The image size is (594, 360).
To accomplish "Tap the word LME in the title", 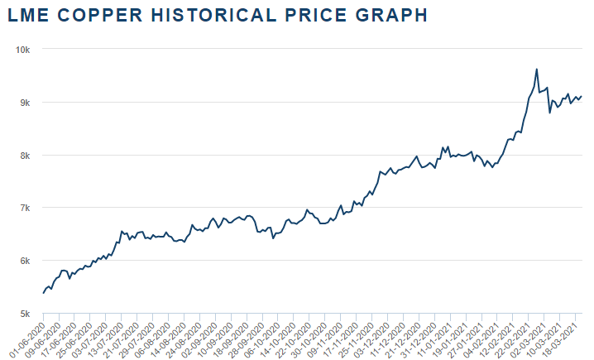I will coord(26,15).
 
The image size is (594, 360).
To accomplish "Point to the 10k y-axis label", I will coord(24,50).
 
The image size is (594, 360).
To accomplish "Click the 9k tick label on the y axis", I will coord(26,103).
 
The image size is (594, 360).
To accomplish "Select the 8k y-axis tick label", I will coord(26,156).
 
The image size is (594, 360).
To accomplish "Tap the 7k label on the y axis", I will coord(26,208).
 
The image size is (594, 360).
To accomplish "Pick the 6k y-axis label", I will coord(26,261).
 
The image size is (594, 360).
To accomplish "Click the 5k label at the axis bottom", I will coord(26,314).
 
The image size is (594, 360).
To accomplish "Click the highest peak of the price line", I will coord(537,70).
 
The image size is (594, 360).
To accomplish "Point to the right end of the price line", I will coord(582,96).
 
